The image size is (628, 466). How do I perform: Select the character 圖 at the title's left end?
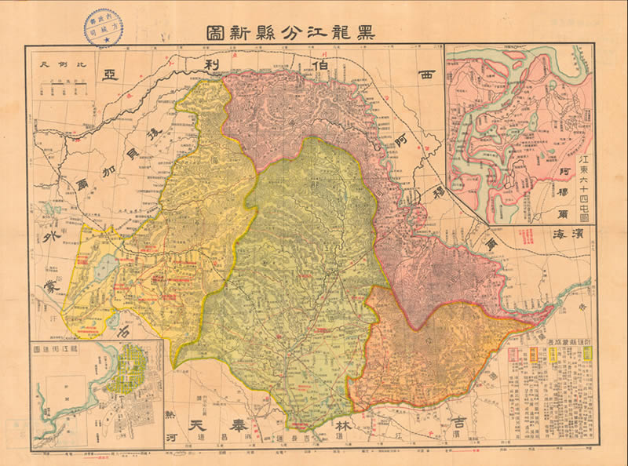tap(215, 33)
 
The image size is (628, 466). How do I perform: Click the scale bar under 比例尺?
tap(66, 82)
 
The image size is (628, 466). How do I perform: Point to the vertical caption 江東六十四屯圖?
tap(582, 187)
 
